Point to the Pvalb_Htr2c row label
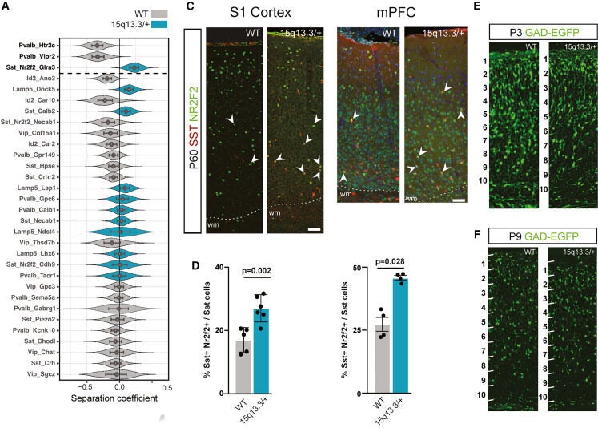(42, 46)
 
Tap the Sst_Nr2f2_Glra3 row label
(37, 67)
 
